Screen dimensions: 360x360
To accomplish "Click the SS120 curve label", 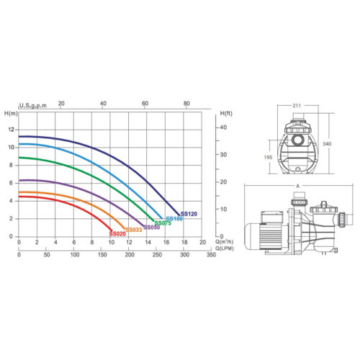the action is pyautogui.click(x=189, y=214).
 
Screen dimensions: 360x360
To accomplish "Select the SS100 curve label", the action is pyautogui.click(x=174, y=219).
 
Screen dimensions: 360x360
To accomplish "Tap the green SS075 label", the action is pyautogui.click(x=163, y=223).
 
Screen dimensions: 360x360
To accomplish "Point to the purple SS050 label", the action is pyautogui.click(x=152, y=227).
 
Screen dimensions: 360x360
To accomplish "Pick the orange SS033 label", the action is pyautogui.click(x=134, y=230).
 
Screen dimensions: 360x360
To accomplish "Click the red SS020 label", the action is pyautogui.click(x=117, y=233).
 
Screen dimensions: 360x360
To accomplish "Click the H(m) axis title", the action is pyautogui.click(x=11, y=113).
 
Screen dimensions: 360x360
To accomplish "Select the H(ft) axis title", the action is pyautogui.click(x=226, y=113).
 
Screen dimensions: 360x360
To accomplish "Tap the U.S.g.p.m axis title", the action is pyautogui.click(x=33, y=106).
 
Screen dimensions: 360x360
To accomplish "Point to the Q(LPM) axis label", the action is pyautogui.click(x=225, y=248).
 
